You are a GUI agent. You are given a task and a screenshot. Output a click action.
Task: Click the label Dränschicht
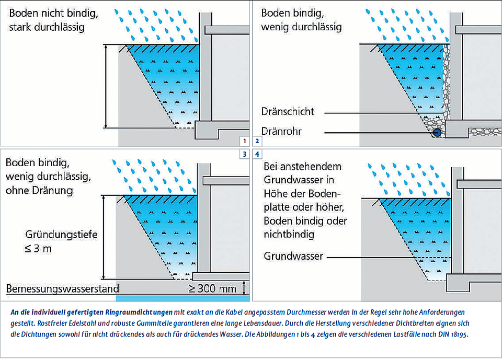(288, 112)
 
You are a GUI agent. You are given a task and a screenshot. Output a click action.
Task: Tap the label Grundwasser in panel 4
(293, 257)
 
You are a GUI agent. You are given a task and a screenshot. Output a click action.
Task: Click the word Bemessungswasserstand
(62, 288)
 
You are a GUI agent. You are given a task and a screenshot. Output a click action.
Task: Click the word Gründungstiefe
(61, 235)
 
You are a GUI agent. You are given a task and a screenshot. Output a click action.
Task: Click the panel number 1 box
(244, 141)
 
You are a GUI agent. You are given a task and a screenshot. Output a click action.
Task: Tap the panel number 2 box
(257, 141)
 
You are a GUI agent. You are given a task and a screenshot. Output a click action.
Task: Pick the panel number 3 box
(244, 154)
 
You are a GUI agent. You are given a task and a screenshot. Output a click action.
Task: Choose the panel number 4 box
(257, 154)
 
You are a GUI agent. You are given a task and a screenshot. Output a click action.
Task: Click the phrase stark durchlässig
(46, 27)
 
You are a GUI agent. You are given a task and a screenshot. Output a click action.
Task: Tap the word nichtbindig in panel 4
(289, 235)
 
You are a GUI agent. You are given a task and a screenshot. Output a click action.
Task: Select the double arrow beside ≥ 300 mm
(243, 288)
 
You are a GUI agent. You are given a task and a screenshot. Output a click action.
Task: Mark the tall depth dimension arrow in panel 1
(106, 86)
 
